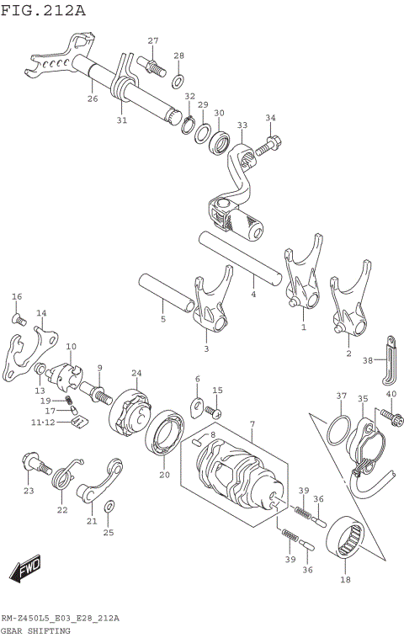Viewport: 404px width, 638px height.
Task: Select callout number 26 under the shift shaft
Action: [x=92, y=98]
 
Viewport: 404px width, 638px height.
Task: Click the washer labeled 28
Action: [x=178, y=82]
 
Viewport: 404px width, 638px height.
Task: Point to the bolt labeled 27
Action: [x=152, y=64]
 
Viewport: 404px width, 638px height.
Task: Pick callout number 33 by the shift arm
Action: [x=242, y=125]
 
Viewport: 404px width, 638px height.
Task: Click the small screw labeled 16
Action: [x=17, y=317]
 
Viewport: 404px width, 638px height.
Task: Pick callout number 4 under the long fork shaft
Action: [x=252, y=295]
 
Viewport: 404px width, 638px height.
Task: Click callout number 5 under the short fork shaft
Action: [x=163, y=320]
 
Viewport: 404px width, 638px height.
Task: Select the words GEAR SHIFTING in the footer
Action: [x=35, y=630]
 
